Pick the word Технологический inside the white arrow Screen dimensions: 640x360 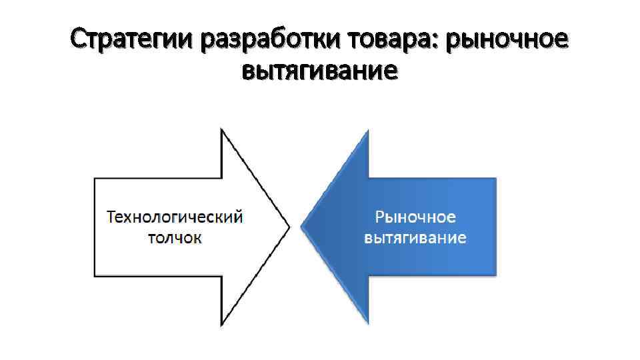[x=175, y=217]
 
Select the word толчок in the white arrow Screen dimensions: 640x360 [x=175, y=238]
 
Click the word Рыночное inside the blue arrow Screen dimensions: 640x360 [x=415, y=217]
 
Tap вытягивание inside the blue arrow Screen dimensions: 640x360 [x=415, y=237]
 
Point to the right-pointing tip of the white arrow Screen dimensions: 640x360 [x=289, y=227]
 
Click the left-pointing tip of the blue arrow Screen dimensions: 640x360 [x=302, y=227]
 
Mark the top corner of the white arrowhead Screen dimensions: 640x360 [x=221, y=129]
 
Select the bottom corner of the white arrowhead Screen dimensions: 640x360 [x=221, y=326]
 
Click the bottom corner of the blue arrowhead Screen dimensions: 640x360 [x=368, y=325]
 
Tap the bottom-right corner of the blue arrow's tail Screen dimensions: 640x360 [x=496, y=275]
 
